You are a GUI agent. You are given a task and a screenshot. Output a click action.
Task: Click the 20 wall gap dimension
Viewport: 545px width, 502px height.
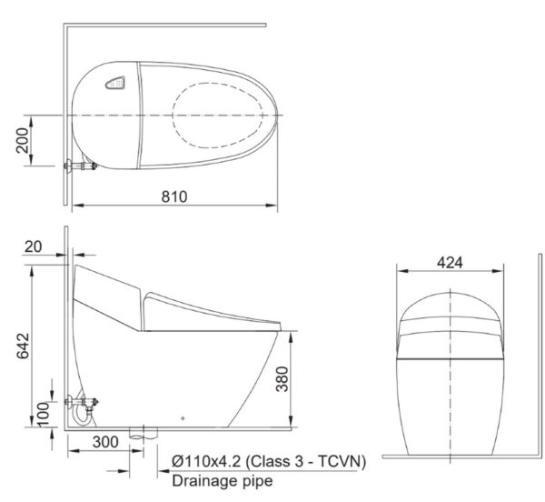pos(35,247)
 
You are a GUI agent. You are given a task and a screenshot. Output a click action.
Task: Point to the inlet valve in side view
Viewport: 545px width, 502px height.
pos(84,403)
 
